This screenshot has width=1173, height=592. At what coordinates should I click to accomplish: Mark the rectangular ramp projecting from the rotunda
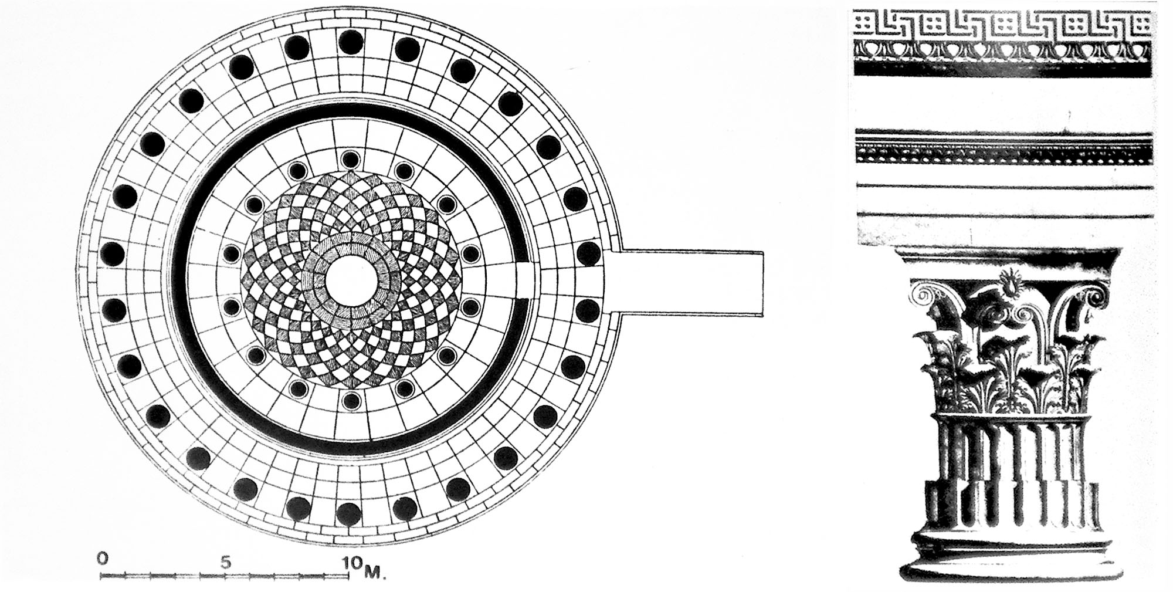pyautogui.click(x=692, y=283)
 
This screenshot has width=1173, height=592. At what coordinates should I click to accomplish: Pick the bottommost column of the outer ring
pyautogui.click(x=351, y=514)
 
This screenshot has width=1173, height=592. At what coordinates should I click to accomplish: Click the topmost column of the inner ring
pyautogui.click(x=351, y=159)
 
